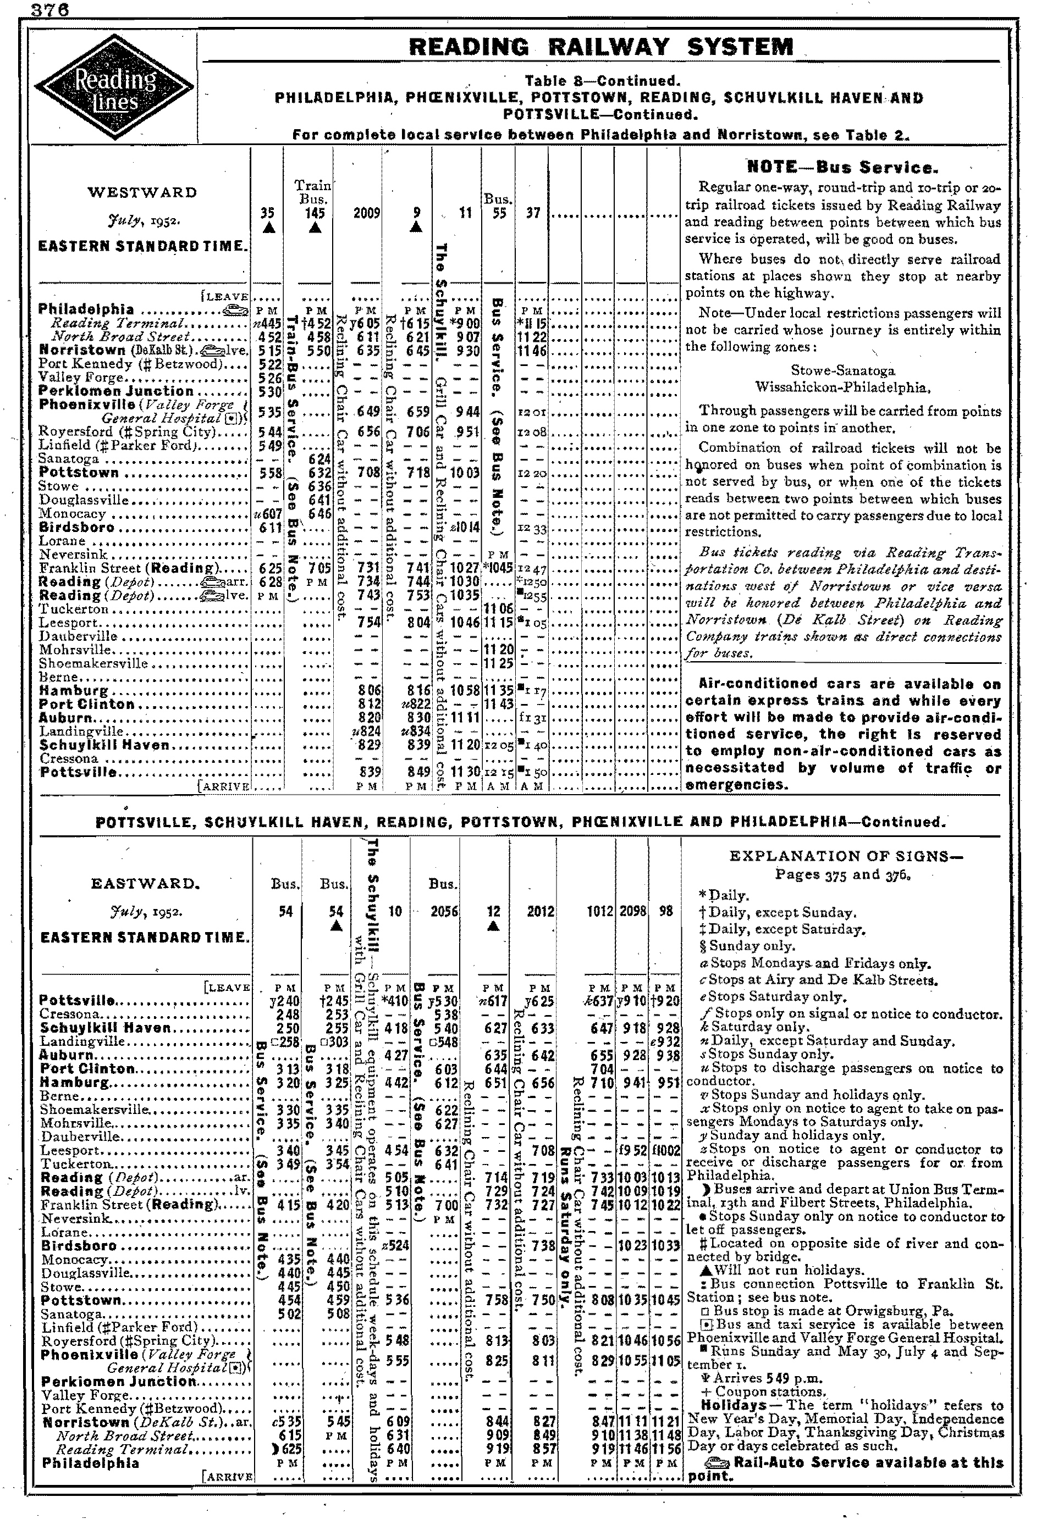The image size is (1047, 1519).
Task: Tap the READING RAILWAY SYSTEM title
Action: (600, 47)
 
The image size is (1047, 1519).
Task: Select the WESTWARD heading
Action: (142, 193)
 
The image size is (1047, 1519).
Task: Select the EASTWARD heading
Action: (146, 883)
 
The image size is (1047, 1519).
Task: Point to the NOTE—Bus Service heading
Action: (843, 167)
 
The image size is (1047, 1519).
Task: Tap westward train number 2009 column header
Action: (367, 213)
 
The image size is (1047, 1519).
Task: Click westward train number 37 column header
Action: (532, 213)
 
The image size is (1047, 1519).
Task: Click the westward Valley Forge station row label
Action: (81, 378)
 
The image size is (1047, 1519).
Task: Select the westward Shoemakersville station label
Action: (94, 663)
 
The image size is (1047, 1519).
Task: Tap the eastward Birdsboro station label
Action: (79, 1246)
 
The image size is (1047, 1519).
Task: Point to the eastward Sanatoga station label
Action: (72, 1314)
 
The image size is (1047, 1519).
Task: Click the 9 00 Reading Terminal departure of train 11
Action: (467, 323)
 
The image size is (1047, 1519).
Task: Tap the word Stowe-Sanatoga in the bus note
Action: (843, 370)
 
